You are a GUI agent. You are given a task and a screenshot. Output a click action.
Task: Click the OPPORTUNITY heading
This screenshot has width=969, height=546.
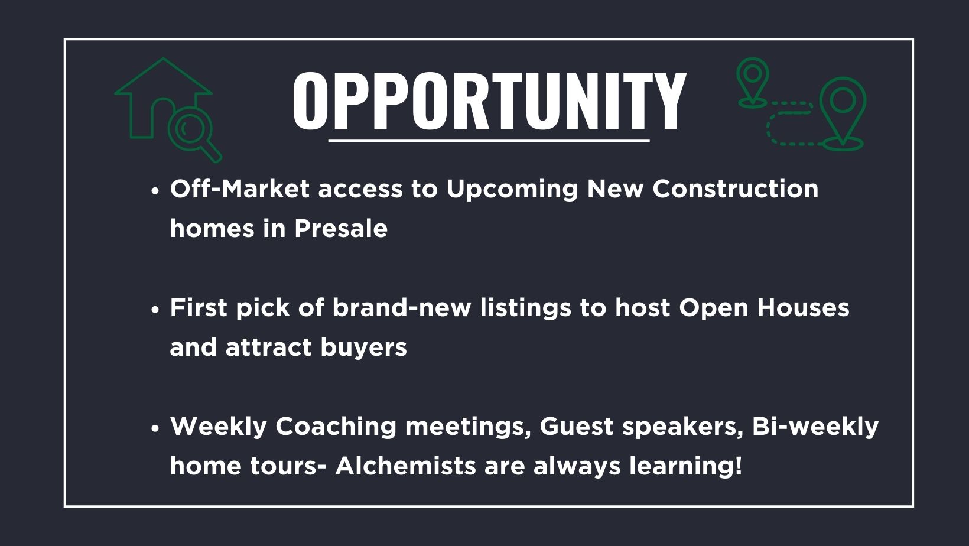point(489,100)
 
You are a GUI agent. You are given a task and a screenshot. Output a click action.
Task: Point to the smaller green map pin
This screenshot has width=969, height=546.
point(753,82)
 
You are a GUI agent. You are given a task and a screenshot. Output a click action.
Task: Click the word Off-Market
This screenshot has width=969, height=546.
point(240,189)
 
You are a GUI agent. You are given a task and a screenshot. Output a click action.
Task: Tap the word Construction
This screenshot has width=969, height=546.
point(736,189)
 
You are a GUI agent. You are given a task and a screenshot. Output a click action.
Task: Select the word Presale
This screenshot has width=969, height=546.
point(341,228)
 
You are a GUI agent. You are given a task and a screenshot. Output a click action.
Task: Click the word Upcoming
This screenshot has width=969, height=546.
point(512,190)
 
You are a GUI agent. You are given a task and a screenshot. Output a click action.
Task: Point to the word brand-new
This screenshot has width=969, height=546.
point(401,308)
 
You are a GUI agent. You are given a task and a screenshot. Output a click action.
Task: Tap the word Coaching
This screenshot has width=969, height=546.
point(336,427)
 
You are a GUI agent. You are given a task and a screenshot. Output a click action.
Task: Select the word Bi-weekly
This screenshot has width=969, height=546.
point(815,427)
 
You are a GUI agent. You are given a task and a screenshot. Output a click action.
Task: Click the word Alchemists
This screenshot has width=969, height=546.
point(405,466)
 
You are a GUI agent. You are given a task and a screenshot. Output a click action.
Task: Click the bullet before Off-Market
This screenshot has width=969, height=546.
point(156,191)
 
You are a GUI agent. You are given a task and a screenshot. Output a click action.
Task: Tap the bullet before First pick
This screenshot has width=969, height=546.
point(156,310)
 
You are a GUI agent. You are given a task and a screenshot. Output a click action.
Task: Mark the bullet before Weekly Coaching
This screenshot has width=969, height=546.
point(156,428)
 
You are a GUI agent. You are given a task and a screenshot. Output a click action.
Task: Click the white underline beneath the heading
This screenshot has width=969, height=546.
point(489,141)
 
